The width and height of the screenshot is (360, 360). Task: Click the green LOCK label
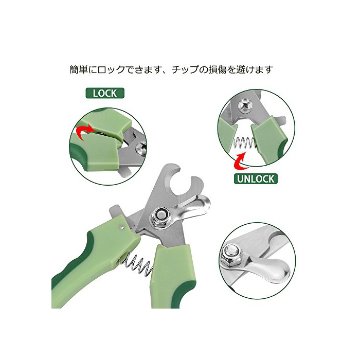[105, 93]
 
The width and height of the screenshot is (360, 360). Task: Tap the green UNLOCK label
[256, 179]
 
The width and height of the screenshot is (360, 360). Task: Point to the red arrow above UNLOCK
[240, 160]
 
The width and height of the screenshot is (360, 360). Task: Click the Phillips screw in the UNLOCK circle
[245, 106]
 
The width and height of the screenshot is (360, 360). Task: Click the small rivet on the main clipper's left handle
[122, 227]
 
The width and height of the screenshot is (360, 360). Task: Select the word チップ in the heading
[186, 69]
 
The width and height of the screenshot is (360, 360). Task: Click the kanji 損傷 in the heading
[218, 69]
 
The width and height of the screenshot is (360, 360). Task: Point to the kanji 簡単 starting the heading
[79, 69]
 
